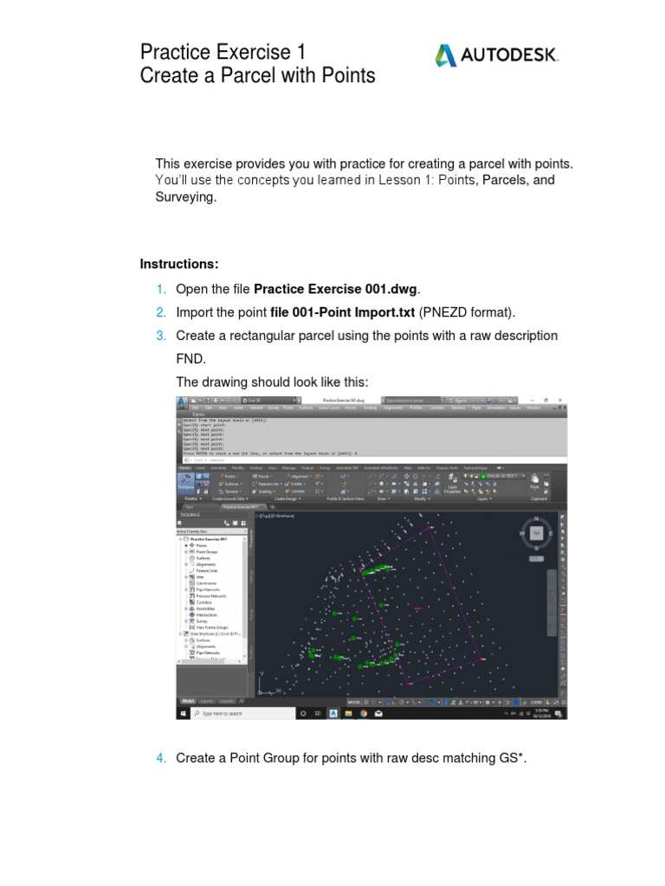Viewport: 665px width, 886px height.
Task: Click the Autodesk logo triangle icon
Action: pyautogui.click(x=445, y=56)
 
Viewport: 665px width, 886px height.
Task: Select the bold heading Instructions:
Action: pyautogui.click(x=179, y=263)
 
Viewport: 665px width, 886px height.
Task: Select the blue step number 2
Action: pyautogui.click(x=161, y=311)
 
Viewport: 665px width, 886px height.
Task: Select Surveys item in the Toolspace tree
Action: pyautogui.click(x=202, y=620)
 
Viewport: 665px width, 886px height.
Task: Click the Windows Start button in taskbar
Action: pyautogui.click(x=182, y=714)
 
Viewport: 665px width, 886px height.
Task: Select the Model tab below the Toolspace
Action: pyautogui.click(x=188, y=701)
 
